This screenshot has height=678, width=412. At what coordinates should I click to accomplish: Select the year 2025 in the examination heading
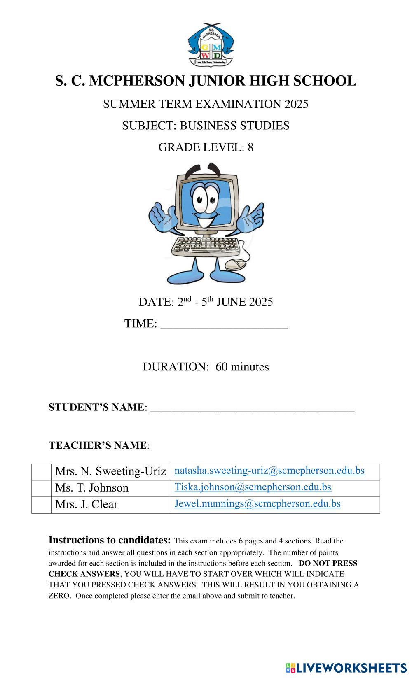click(x=296, y=104)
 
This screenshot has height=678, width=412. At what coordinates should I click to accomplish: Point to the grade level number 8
click(x=250, y=147)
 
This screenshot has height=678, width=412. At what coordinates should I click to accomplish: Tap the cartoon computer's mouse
click(x=236, y=264)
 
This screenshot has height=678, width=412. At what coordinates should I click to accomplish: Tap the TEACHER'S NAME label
click(x=98, y=445)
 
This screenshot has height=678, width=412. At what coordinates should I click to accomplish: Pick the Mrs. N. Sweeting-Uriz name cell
click(x=110, y=471)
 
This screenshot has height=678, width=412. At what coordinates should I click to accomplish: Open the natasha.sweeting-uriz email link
click(x=269, y=471)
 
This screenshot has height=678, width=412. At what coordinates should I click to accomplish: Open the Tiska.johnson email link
click(x=253, y=487)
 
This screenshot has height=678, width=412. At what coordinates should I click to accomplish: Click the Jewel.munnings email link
click(x=257, y=503)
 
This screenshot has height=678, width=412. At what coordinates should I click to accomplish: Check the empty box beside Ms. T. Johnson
click(x=41, y=488)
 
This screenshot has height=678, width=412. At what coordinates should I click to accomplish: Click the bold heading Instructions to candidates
click(x=110, y=540)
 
